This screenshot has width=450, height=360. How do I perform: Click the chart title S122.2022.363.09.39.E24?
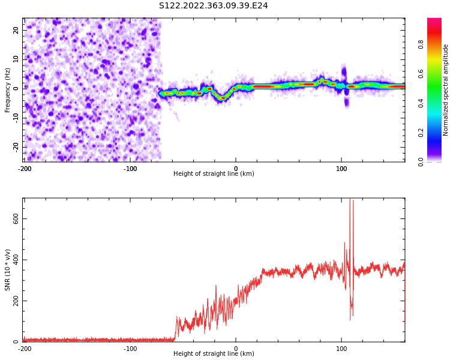(x=213, y=6)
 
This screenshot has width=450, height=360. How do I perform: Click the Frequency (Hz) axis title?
(x=7, y=90)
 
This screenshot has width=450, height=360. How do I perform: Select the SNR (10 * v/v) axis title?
(x=7, y=270)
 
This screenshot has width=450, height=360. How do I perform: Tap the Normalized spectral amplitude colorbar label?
(x=445, y=90)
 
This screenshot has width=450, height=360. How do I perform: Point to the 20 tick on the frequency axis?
(x=16, y=30)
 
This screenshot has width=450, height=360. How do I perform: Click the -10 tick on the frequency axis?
(x=16, y=118)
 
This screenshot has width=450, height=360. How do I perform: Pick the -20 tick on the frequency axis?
(x=16, y=148)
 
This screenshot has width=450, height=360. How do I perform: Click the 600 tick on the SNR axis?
(x=16, y=219)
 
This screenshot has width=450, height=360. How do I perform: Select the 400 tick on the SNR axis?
(x=16, y=260)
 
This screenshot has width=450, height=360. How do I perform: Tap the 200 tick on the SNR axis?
(x=16, y=301)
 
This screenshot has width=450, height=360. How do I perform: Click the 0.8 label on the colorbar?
(x=421, y=44)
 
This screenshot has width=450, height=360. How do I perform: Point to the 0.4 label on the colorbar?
(x=421, y=103)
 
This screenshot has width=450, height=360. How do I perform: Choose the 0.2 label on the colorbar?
(x=421, y=133)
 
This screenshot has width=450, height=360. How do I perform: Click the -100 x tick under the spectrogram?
(x=130, y=169)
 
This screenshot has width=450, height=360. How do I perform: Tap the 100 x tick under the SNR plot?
(x=341, y=349)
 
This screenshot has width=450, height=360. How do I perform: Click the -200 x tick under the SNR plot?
(x=25, y=349)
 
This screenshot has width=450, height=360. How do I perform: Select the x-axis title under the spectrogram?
(x=214, y=173)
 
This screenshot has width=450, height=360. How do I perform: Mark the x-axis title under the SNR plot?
(x=214, y=353)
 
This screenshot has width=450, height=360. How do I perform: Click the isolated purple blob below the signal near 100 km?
(x=347, y=103)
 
